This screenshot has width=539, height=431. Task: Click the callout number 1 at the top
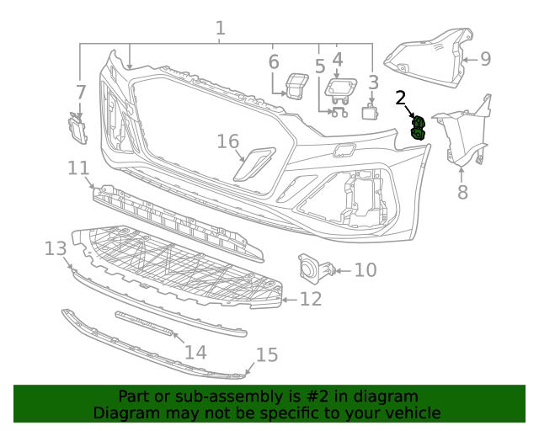point(220,29)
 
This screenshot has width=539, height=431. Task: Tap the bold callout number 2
point(402,98)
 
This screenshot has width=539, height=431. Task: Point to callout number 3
point(373,82)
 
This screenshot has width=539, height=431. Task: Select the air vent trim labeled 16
point(253,165)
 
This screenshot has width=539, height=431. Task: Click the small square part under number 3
point(370,112)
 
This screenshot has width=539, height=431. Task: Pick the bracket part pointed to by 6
point(295,86)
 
